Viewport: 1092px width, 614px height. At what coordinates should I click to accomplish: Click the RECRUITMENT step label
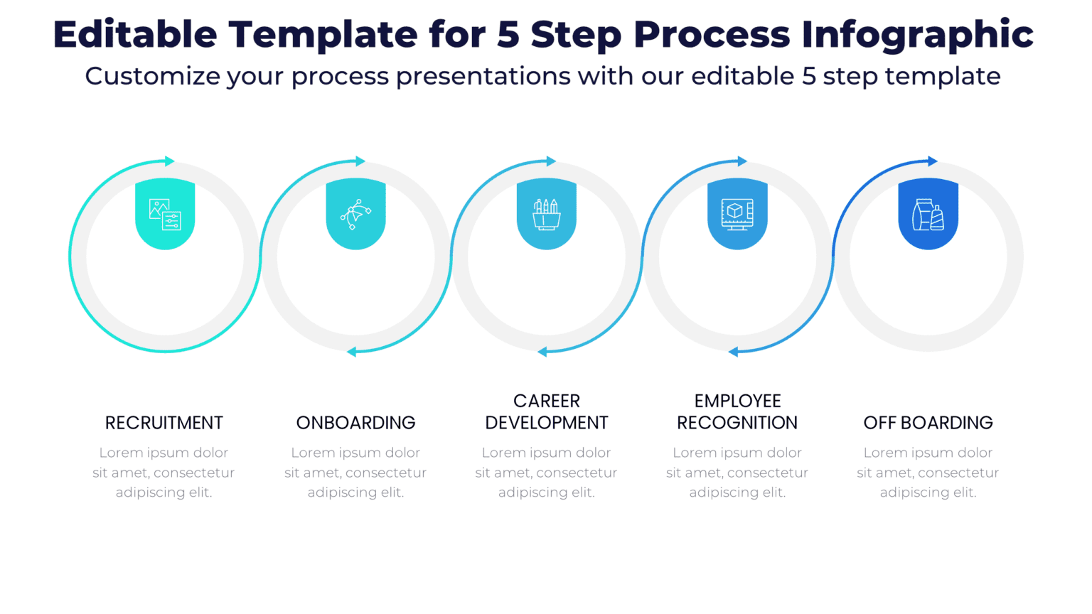[x=164, y=423]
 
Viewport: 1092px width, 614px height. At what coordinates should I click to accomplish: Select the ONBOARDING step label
[x=355, y=423]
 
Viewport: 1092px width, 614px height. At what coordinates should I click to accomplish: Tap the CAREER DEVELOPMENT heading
[x=546, y=412]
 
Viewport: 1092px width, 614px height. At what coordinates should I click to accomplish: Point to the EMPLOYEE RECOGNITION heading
[x=737, y=412]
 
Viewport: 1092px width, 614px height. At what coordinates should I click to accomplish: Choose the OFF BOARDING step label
[x=928, y=423]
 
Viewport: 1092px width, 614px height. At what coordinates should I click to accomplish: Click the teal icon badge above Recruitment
[x=165, y=213]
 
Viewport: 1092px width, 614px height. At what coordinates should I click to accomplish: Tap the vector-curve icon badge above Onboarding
[x=355, y=213]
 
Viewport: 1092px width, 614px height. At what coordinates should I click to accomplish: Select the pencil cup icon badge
[x=546, y=213]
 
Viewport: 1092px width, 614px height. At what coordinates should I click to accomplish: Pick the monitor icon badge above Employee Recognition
[x=737, y=213]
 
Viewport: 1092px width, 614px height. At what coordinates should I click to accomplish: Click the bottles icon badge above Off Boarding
[x=928, y=213]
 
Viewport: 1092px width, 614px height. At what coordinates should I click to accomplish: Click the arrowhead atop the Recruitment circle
[x=169, y=161]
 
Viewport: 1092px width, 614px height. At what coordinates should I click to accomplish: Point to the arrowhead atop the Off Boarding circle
[x=933, y=161]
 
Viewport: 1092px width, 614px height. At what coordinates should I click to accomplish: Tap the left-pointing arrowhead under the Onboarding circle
[x=351, y=352]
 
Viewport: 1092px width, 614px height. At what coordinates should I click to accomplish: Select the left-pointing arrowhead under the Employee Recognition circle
[x=733, y=352]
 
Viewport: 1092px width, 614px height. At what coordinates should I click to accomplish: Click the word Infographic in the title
[x=917, y=34]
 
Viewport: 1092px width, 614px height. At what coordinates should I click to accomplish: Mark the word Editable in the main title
[x=135, y=34]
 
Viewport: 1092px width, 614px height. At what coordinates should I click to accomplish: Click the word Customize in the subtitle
[x=152, y=76]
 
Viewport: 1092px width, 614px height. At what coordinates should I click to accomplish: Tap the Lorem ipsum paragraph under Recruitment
[x=164, y=473]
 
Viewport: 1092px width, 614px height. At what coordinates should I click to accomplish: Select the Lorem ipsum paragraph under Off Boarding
[x=928, y=473]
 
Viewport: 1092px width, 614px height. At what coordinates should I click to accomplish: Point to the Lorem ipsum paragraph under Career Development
[x=546, y=473]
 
